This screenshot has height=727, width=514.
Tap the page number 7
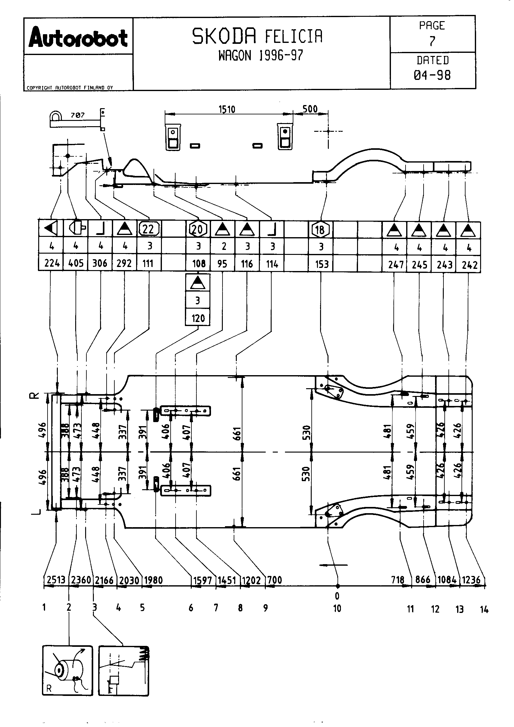tap(432, 41)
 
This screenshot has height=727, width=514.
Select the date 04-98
tap(432, 75)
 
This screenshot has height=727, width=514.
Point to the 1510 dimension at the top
tap(227, 109)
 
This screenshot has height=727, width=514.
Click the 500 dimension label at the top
tap(310, 109)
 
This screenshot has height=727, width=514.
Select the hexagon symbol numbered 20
tap(198, 229)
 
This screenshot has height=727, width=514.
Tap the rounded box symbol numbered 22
tap(149, 229)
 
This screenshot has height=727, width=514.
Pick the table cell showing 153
tap(322, 264)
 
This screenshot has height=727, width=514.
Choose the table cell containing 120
tap(198, 318)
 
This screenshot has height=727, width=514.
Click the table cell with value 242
tap(469, 265)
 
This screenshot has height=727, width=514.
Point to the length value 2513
tap(56, 580)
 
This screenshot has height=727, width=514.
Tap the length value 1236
tap(471, 580)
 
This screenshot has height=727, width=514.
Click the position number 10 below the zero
tap(337, 608)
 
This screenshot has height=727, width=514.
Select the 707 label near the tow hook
tap(78, 115)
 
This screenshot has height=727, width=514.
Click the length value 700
tap(274, 580)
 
